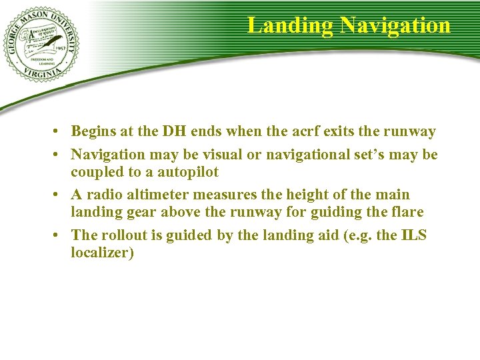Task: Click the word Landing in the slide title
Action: (291, 25)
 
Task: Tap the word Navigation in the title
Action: (395, 25)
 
